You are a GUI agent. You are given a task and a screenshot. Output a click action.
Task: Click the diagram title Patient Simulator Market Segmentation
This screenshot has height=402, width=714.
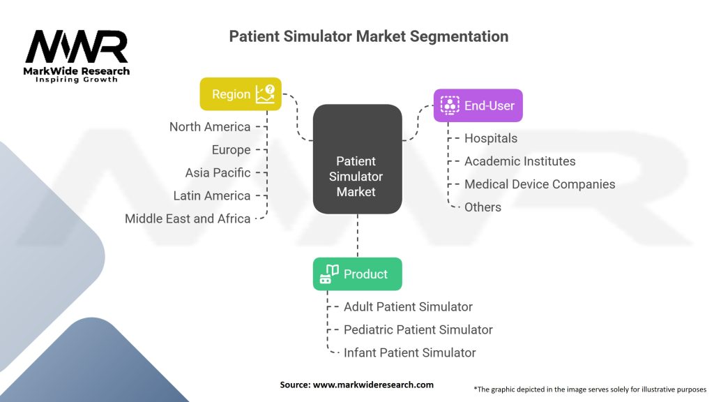click(x=368, y=36)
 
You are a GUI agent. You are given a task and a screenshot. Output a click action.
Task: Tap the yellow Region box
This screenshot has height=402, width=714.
click(x=241, y=94)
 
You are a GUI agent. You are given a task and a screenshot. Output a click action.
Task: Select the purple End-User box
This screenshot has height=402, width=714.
click(x=478, y=105)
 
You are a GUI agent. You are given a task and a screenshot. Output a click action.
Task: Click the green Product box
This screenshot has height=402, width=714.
click(x=357, y=274)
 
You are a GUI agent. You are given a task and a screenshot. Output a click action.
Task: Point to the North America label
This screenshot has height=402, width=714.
click(x=210, y=127)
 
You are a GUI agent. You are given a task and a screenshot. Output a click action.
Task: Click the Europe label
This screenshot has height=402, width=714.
click(x=231, y=150)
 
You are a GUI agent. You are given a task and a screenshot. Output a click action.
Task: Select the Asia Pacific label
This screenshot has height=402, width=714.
click(x=218, y=172)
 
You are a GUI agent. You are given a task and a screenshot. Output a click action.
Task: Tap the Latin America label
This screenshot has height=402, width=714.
click(x=212, y=195)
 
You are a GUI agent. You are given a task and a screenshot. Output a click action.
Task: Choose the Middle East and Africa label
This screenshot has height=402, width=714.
click(x=188, y=218)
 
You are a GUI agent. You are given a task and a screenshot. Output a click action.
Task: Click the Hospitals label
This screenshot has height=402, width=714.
click(x=491, y=138)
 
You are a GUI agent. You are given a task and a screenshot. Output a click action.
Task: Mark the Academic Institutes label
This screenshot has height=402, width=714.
click(x=520, y=161)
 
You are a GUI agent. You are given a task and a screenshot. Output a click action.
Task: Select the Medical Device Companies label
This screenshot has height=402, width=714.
click(x=540, y=184)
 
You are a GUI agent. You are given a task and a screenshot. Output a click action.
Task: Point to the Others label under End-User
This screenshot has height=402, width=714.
click(x=483, y=207)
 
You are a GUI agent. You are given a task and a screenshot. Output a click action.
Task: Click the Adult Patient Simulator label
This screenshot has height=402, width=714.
click(x=408, y=306)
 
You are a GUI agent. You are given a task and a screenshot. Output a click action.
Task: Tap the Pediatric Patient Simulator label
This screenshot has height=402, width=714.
click(x=418, y=329)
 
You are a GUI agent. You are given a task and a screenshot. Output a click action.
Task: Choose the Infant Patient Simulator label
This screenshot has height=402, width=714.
click(x=410, y=352)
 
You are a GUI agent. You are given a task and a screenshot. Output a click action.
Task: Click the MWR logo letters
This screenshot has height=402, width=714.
click(x=77, y=47)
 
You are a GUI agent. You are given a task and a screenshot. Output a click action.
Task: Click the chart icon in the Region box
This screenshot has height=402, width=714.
click(x=266, y=94)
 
